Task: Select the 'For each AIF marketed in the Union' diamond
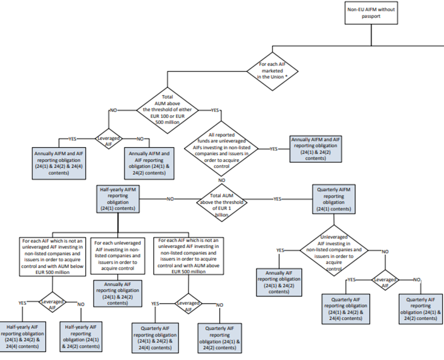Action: tap(272, 72)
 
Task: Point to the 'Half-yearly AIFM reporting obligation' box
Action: tap(123, 199)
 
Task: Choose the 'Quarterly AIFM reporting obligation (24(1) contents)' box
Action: tap(333, 198)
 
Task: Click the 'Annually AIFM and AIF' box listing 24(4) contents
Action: tap(59, 163)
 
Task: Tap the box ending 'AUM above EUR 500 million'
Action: tap(189, 256)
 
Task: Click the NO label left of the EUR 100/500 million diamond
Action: tap(113, 110)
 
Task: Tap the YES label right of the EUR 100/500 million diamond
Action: tap(214, 110)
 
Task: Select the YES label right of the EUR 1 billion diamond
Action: tap(277, 198)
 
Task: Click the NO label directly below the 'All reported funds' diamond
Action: tap(221, 180)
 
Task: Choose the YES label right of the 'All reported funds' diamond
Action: tap(273, 148)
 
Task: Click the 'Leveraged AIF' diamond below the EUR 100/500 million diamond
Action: tap(109, 139)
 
